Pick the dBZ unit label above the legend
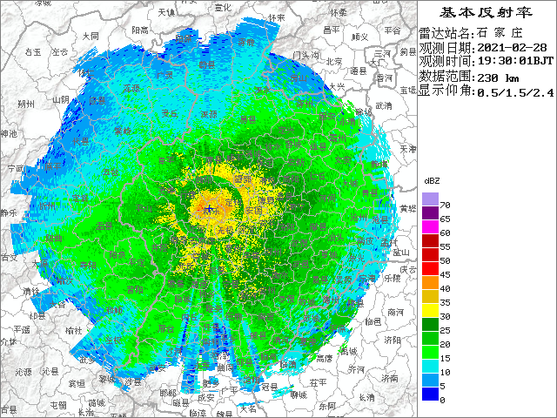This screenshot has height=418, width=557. coord(432,181)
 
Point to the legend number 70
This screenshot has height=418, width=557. coord(445,205)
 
